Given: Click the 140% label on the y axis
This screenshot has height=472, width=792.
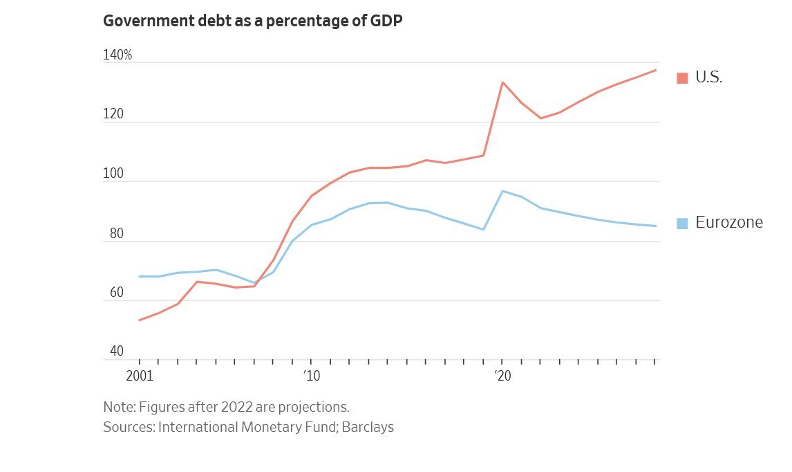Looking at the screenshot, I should [x=117, y=55].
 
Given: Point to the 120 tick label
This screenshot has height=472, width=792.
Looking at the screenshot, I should [x=113, y=115].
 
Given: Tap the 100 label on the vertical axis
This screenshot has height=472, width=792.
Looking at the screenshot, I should [x=113, y=174].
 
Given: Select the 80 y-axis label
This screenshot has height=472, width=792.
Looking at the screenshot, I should [x=116, y=234].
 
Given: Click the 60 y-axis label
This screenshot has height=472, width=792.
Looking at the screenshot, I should [x=116, y=293].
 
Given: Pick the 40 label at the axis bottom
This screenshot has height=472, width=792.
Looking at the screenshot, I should [x=116, y=352].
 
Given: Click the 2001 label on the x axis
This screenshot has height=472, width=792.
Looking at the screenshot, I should [x=140, y=376].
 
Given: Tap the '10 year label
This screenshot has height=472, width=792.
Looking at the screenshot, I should [x=311, y=376].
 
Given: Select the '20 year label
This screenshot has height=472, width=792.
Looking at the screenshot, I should [x=502, y=376].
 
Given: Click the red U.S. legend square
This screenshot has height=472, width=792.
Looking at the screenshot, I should [x=682, y=78].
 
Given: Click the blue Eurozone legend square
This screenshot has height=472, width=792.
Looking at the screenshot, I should [x=682, y=223].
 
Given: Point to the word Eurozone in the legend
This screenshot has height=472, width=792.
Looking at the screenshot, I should [x=729, y=223].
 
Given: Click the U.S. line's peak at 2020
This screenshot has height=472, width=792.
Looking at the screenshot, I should [x=502, y=82].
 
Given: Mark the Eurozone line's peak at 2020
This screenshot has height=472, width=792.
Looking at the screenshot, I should [x=502, y=191].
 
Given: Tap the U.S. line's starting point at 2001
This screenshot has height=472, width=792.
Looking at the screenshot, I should [x=140, y=320].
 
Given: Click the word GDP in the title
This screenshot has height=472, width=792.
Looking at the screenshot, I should [x=386, y=21].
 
